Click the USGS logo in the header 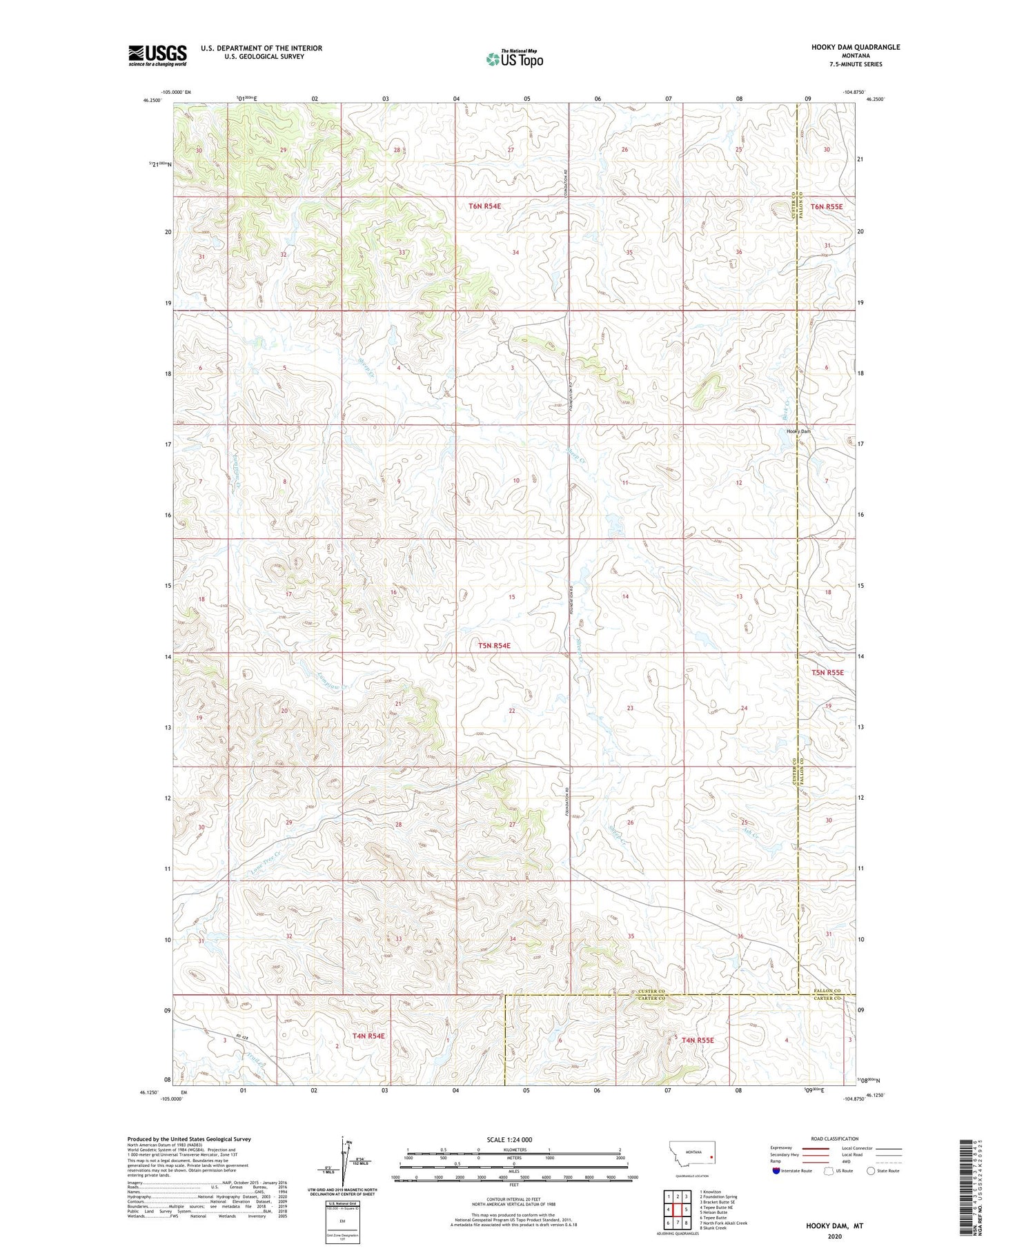pyautogui.click(x=157, y=55)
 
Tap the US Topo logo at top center pyautogui.click(x=514, y=59)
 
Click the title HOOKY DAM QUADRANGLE pyautogui.click(x=856, y=47)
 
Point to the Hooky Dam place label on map pyautogui.click(x=798, y=431)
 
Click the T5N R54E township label pyautogui.click(x=494, y=645)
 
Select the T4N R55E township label pyautogui.click(x=698, y=1039)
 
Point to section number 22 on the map pyautogui.click(x=511, y=710)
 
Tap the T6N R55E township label pyautogui.click(x=826, y=206)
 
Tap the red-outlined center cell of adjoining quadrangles pyautogui.click(x=678, y=1210)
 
